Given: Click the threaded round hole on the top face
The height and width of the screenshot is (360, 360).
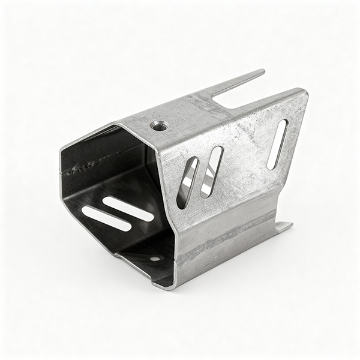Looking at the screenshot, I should [159, 126].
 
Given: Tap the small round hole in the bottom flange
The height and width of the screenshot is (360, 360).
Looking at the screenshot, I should [155, 259].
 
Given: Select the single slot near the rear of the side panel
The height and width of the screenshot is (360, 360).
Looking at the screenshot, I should [277, 145].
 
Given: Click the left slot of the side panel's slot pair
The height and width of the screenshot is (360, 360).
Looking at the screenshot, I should [187, 182].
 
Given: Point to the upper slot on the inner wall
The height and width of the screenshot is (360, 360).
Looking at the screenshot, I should [128, 208].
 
